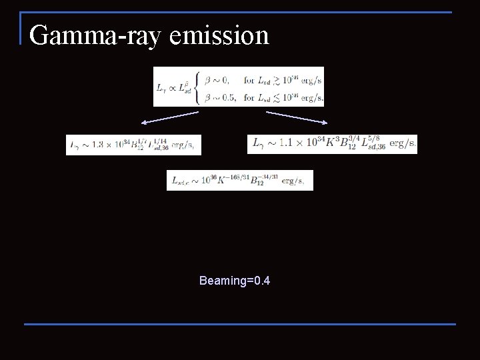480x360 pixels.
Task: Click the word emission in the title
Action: (219, 35)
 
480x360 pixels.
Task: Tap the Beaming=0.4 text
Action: (234, 281)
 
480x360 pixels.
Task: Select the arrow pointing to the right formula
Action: (297, 117)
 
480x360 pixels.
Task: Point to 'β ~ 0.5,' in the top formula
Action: (218, 97)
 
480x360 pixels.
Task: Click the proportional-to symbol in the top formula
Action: (171, 87)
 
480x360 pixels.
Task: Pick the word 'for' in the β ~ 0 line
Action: (249, 80)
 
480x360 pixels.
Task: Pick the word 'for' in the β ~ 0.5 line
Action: (249, 97)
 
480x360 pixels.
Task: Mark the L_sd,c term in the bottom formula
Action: (183, 181)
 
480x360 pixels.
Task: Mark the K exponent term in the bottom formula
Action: (233, 179)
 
